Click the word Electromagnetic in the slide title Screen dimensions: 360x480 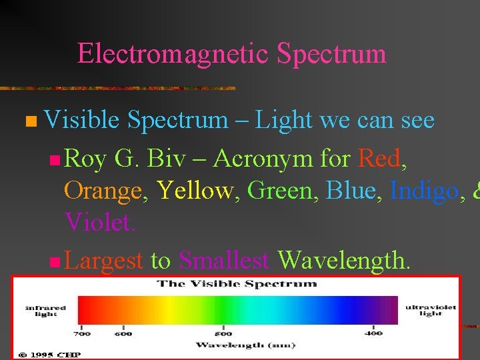pyautogui.click(x=173, y=54)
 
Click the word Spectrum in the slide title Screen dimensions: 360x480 pyautogui.click(x=331, y=54)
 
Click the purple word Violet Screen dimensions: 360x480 pyautogui.click(x=100, y=223)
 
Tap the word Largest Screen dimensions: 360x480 pyautogui.click(x=104, y=260)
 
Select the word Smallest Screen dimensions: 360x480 pyautogui.click(x=224, y=260)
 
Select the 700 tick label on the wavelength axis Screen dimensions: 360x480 pyautogui.click(x=82, y=333)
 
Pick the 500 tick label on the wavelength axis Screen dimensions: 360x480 pyautogui.click(x=223, y=333)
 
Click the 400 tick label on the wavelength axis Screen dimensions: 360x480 pyautogui.click(x=373, y=333)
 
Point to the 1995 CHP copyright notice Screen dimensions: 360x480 pyautogui.click(x=50, y=355)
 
